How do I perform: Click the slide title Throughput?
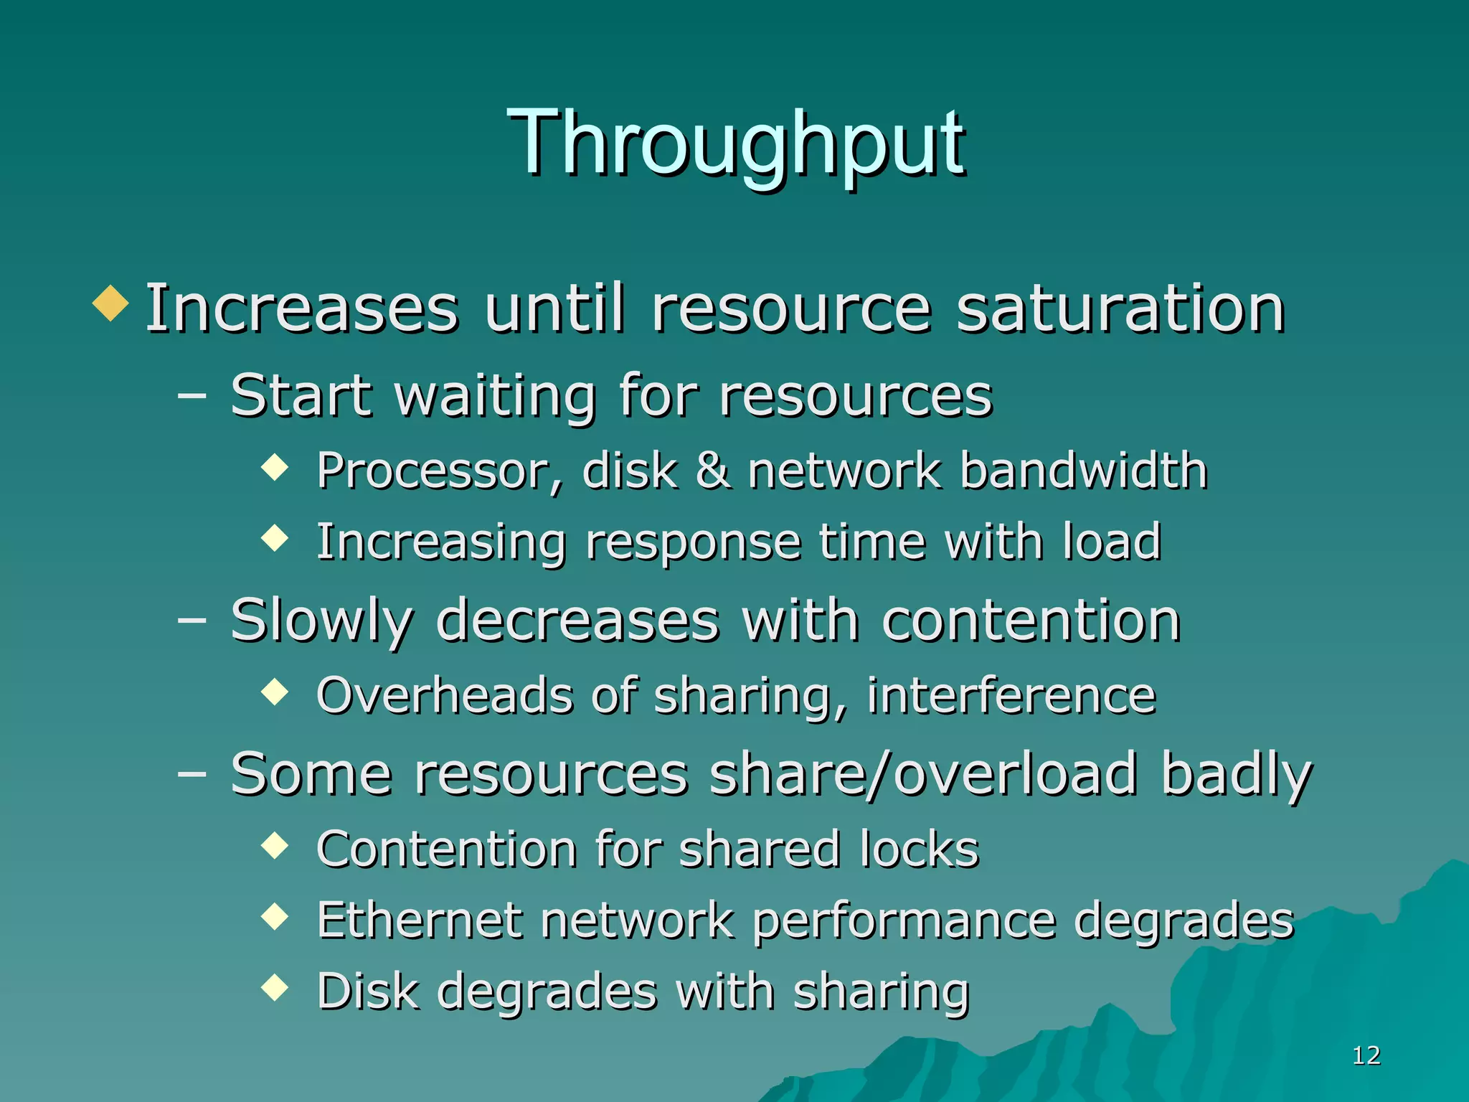(x=736, y=143)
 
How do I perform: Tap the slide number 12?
(x=1366, y=1055)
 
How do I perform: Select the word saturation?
(x=1120, y=309)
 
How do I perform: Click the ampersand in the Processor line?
(x=713, y=471)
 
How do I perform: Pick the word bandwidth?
(x=1084, y=471)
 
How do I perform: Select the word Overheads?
(x=445, y=695)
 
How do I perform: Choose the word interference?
(x=1011, y=695)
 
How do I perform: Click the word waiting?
(x=495, y=397)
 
